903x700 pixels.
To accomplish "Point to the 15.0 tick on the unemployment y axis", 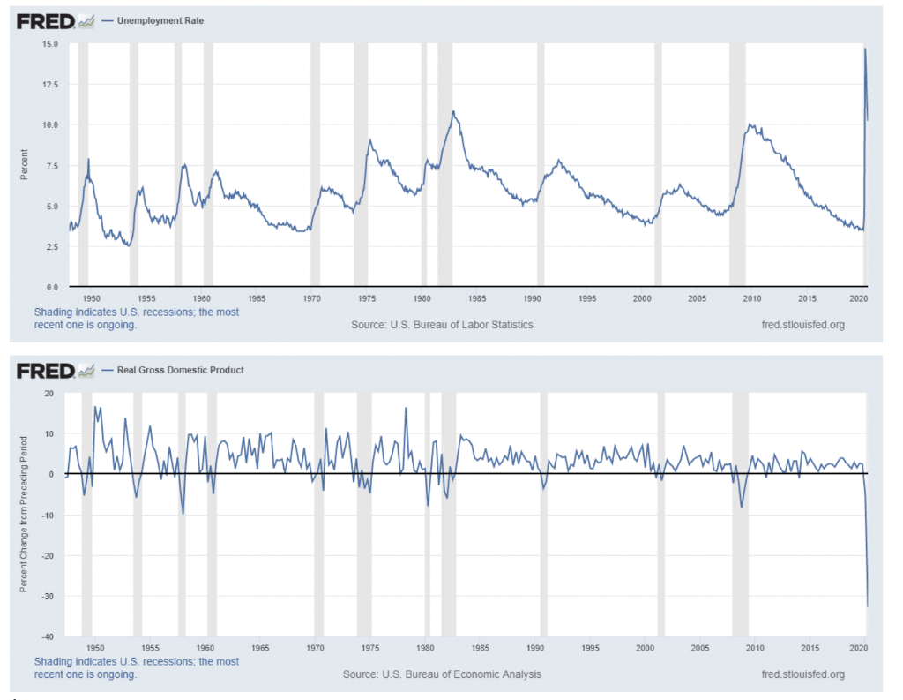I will (50, 44).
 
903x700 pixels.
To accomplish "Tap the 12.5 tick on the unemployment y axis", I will (50, 85).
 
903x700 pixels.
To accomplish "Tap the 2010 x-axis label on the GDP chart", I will (755, 649).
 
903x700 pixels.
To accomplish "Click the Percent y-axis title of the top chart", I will (25, 165).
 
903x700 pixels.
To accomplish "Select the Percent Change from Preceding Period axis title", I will (25, 514).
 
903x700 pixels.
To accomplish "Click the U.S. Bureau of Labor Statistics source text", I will (442, 325).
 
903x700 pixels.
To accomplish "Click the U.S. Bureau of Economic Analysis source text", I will (442, 674).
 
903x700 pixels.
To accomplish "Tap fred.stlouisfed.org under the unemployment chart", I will (802, 325).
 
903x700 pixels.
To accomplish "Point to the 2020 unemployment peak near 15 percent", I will (865, 49).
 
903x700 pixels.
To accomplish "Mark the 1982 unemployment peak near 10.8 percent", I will (453, 112).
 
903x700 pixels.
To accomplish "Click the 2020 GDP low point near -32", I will (868, 606).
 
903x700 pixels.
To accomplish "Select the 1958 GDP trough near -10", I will (183, 513).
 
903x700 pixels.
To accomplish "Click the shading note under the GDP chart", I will (136, 667).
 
